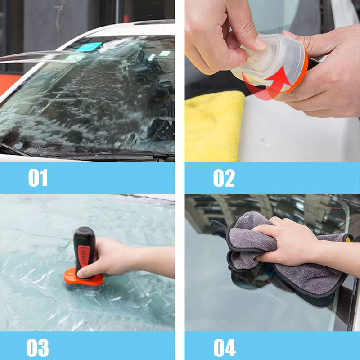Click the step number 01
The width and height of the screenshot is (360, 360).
click(38, 178)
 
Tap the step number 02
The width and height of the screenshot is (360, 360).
click(224, 178)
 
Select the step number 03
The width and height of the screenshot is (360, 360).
click(38, 347)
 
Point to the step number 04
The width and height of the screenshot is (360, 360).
click(225, 347)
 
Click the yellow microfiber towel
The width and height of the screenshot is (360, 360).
click(213, 126)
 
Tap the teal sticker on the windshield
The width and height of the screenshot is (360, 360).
click(89, 47)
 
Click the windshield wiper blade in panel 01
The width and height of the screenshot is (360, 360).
click(92, 154)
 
